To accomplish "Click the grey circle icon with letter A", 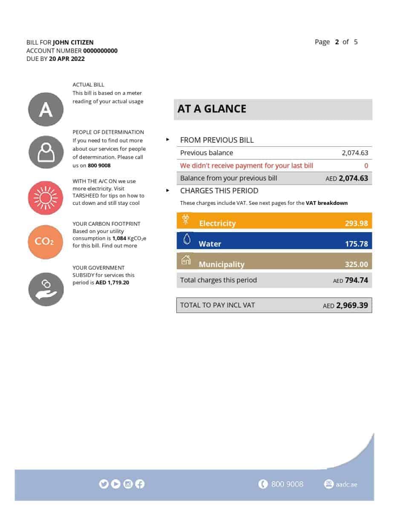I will click(46, 109).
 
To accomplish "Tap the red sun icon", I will click(46, 198).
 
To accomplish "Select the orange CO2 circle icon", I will click(45, 241).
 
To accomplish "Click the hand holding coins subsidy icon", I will click(46, 289).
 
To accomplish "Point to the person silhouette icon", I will click(46, 152).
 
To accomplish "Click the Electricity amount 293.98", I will click(356, 223).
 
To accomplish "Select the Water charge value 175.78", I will click(356, 244).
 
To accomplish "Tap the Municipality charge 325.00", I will click(356, 264).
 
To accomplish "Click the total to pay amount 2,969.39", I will click(351, 305).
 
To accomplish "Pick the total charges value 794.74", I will click(356, 280).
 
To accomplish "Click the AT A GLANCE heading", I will click(212, 109).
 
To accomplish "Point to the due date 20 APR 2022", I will click(66, 59).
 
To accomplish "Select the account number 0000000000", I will click(100, 51).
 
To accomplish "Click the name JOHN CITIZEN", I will click(73, 42).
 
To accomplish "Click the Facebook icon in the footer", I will click(140, 484).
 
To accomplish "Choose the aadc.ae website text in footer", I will click(346, 484).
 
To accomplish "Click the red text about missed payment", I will click(246, 166).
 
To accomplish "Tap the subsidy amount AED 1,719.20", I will click(112, 282).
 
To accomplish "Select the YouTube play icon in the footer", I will click(115, 484).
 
